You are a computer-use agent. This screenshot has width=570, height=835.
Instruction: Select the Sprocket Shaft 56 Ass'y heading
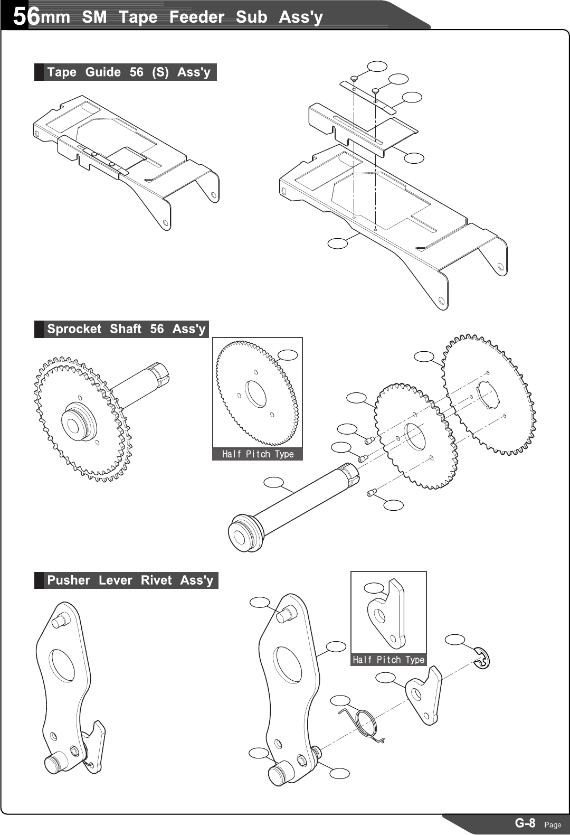(x=126, y=329)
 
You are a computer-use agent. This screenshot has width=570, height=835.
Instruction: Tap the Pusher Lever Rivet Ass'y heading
(x=130, y=580)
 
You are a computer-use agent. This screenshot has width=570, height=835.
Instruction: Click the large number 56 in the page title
(x=26, y=16)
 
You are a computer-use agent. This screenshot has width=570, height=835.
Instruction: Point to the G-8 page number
(x=525, y=823)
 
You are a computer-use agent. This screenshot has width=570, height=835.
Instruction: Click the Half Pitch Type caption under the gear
(x=258, y=454)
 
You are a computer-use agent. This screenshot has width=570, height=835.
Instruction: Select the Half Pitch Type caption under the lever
(x=388, y=660)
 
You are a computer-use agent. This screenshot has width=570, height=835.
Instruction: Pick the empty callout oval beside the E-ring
(x=455, y=640)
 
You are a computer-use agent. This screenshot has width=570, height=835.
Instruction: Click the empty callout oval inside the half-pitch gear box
(x=288, y=355)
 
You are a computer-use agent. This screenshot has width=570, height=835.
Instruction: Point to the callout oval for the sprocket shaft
(x=274, y=482)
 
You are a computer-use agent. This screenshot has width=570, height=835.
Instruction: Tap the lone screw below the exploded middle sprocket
(x=370, y=493)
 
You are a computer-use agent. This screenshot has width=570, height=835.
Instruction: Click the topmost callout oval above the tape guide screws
(x=377, y=66)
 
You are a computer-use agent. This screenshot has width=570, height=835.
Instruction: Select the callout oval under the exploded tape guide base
(x=338, y=243)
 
